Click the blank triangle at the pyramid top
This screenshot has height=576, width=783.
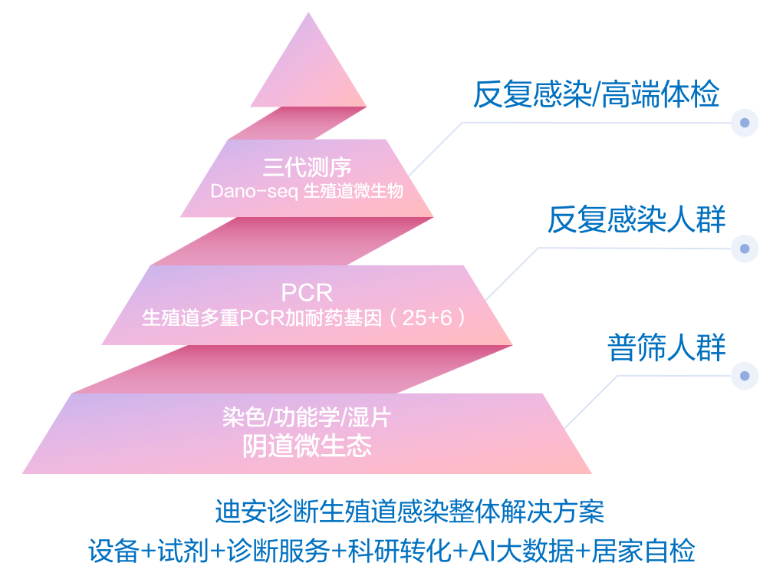pyautogui.click(x=308, y=73)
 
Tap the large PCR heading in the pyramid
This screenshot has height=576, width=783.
pyautogui.click(x=307, y=292)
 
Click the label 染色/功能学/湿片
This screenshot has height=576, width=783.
pyautogui.click(x=307, y=418)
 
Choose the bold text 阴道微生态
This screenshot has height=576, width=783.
pyautogui.click(x=307, y=446)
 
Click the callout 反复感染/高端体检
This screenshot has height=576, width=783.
pyautogui.click(x=596, y=95)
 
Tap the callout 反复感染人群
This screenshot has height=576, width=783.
pyautogui.click(x=636, y=221)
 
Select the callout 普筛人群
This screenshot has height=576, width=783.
pyautogui.click(x=666, y=347)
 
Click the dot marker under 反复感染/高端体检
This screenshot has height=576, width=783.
pyautogui.click(x=744, y=123)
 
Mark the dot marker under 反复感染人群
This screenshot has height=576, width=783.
pyautogui.click(x=744, y=249)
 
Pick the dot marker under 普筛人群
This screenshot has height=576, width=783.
pyautogui.click(x=744, y=375)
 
